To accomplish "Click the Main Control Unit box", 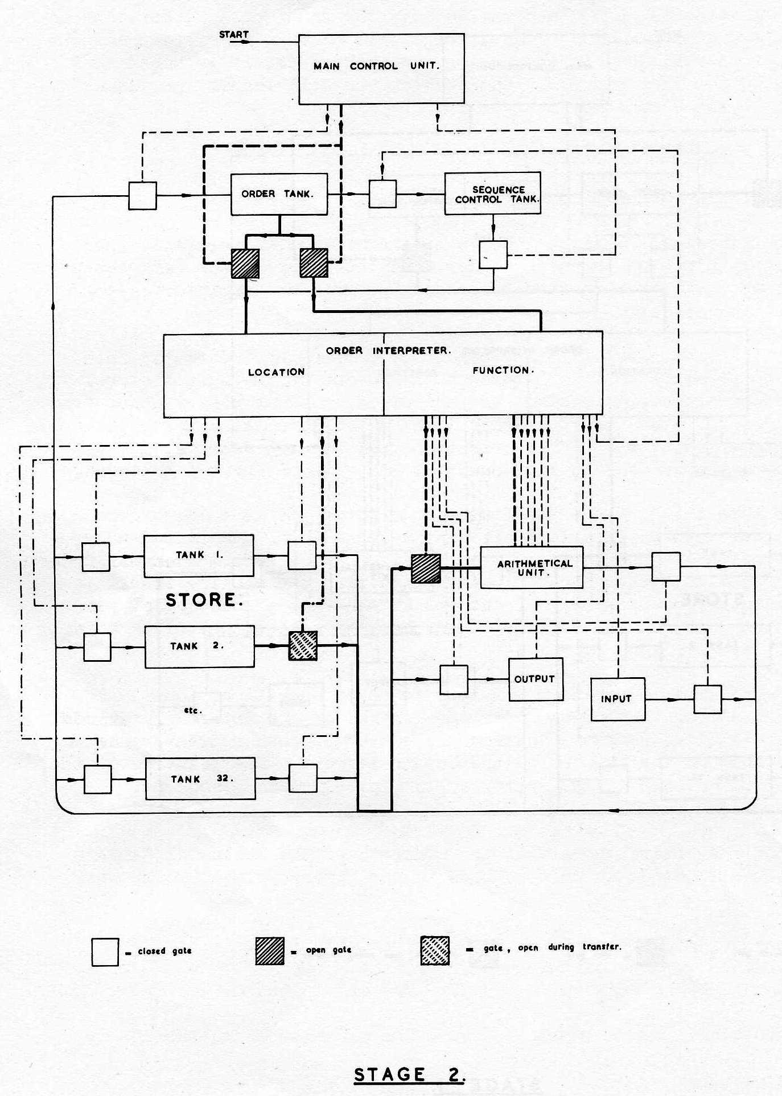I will pyautogui.click(x=381, y=69).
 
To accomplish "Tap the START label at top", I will pyautogui.click(x=234, y=35).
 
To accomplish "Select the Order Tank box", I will pyautogui.click(x=279, y=194).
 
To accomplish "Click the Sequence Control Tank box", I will pyautogui.click(x=493, y=194).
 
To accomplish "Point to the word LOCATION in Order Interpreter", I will pyautogui.click(x=277, y=372).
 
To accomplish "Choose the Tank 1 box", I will pyautogui.click(x=199, y=555).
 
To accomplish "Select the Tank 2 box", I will pyautogui.click(x=200, y=646).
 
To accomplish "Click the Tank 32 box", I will pyautogui.click(x=200, y=778).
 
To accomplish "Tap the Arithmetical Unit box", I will pyautogui.click(x=532, y=567).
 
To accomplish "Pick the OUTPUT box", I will pyautogui.click(x=536, y=679).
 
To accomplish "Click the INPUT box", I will pyautogui.click(x=618, y=699).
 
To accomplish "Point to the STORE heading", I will pyautogui.click(x=204, y=600).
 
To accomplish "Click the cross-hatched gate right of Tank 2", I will pyautogui.click(x=303, y=645).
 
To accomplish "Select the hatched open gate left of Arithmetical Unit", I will pyautogui.click(x=426, y=568).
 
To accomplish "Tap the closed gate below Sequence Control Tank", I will pyautogui.click(x=493, y=254).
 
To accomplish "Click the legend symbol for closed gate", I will pyautogui.click(x=105, y=952).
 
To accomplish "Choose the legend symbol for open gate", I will pyautogui.click(x=270, y=951).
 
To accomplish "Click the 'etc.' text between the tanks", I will pyautogui.click(x=194, y=710).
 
